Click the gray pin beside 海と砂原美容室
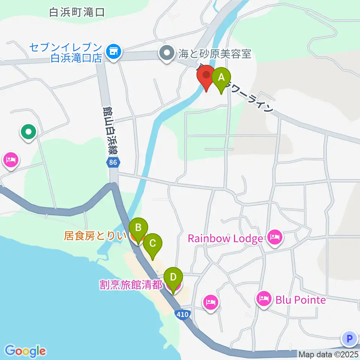tap(167, 53)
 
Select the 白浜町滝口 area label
tap(76, 12)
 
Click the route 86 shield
tap(112, 163)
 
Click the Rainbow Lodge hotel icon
tap(275, 237)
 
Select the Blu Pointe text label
tap(300, 300)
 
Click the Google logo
tap(25, 351)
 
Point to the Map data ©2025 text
tap(328, 354)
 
